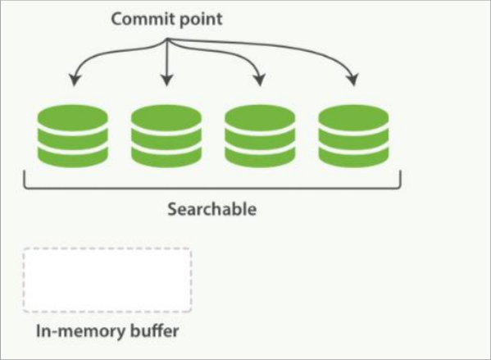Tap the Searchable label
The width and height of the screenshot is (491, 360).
coord(212,209)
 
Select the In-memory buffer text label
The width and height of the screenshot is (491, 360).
coord(107,332)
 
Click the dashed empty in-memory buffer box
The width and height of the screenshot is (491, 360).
coord(107,280)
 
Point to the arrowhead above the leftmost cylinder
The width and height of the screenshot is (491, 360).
coord(74,80)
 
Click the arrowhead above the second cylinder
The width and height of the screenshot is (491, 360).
coord(166,80)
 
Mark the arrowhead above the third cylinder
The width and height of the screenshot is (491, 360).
coord(260,80)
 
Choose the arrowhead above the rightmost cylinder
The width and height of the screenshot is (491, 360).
coord(353,80)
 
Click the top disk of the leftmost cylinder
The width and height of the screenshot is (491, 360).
coord(73,116)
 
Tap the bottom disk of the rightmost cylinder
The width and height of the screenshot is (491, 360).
coord(352,154)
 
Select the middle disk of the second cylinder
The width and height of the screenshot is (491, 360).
coord(166,135)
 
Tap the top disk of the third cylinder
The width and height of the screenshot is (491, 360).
coord(260,116)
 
